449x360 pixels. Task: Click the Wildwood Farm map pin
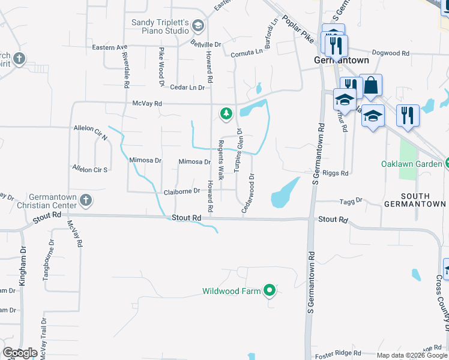[x=270, y=292]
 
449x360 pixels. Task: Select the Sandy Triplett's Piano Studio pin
[x=199, y=25]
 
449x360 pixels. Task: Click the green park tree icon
[x=226, y=113]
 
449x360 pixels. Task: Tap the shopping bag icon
[x=371, y=86]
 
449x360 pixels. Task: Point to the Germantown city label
[x=342, y=61]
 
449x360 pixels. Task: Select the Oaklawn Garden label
[x=411, y=164]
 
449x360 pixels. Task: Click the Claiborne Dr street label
[x=181, y=191]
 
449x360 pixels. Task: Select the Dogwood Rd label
[x=390, y=53]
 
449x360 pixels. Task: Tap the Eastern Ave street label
[x=110, y=47]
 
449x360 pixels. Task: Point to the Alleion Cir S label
[x=89, y=169]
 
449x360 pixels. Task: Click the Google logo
[x=20, y=353]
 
